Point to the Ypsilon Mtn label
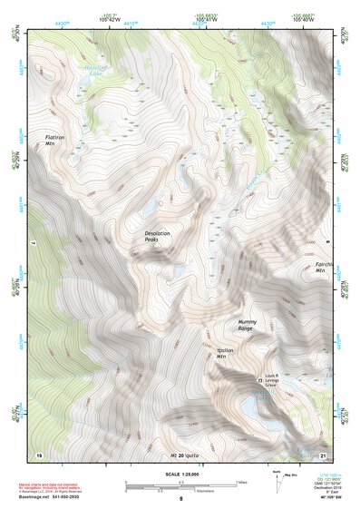click(x=226, y=354)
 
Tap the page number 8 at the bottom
click(x=180, y=498)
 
